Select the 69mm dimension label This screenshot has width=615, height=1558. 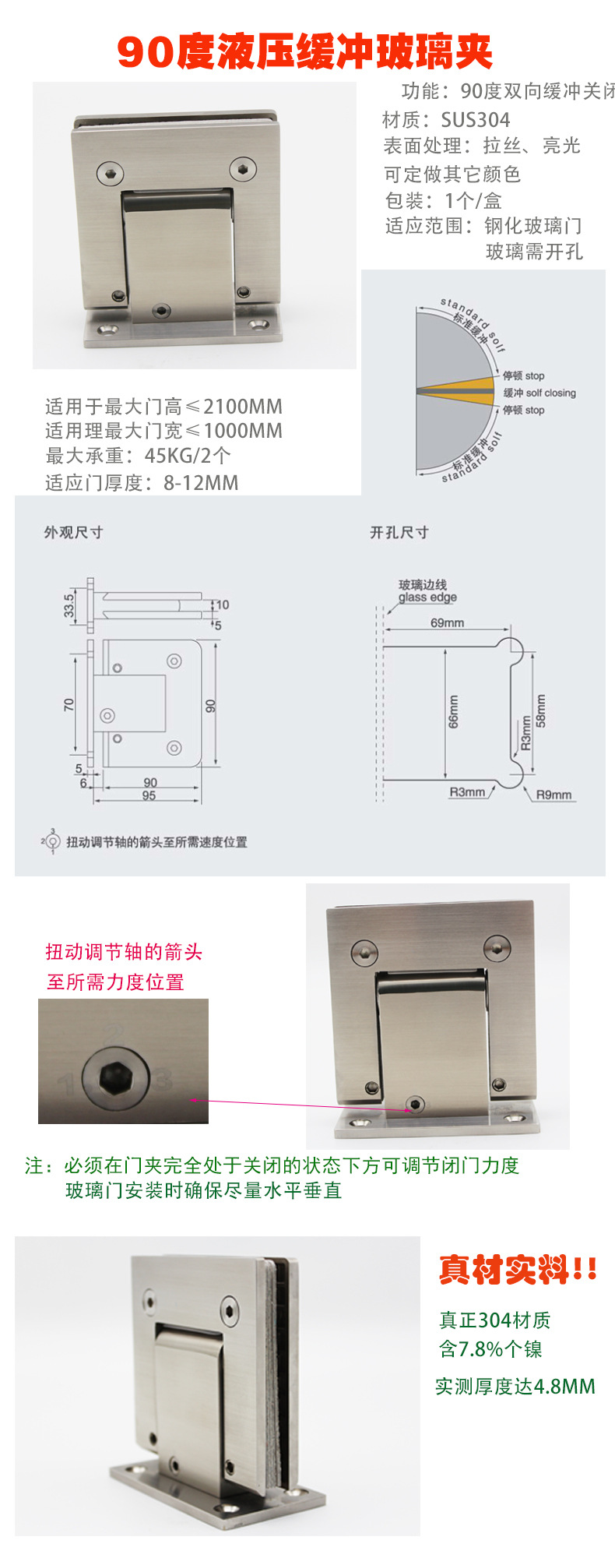[x=447, y=622]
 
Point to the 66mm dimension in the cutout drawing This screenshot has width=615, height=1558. [x=453, y=712]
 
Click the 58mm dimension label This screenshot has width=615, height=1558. [x=541, y=710]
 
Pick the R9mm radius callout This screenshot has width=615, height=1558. [x=553, y=795]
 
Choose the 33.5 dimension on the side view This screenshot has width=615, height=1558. [x=69, y=605]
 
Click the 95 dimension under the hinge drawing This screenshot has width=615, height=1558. [x=149, y=795]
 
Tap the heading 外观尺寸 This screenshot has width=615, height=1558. [x=73, y=532]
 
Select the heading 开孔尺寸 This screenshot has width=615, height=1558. [x=399, y=532]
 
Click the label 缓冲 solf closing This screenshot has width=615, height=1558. [x=539, y=393]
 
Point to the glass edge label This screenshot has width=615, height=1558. [x=427, y=597]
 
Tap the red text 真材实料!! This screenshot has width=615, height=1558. [x=518, y=1270]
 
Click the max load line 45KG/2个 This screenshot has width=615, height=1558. [x=138, y=456]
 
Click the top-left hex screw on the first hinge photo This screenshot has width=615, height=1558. [x=111, y=172]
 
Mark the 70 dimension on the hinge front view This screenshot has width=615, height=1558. [x=69, y=704]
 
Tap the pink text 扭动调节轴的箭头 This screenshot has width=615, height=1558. [x=124, y=951]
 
